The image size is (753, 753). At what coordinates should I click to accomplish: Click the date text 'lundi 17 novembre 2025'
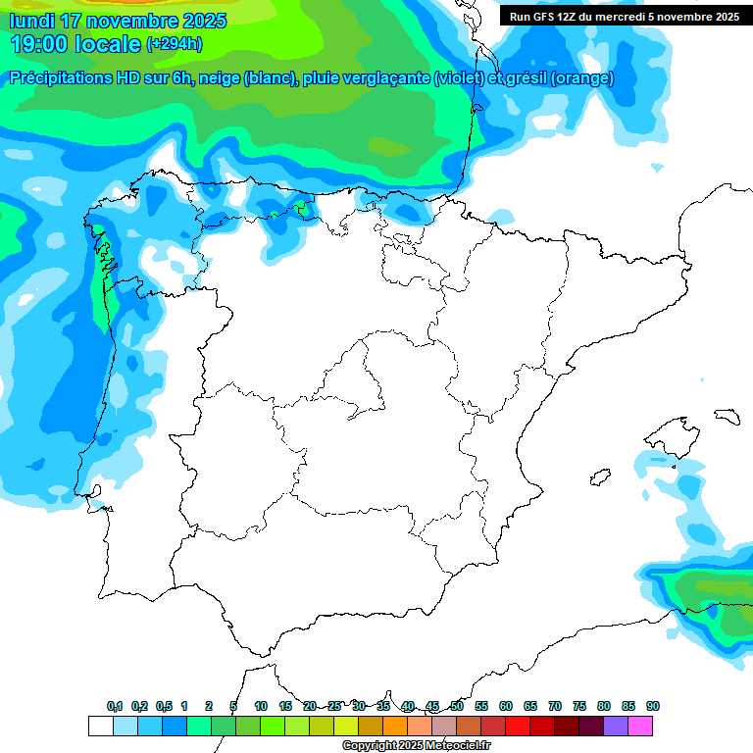(x=118, y=21)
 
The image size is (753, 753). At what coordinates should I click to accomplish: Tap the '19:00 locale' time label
(x=75, y=44)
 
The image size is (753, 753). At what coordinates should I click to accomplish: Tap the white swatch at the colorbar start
(x=100, y=727)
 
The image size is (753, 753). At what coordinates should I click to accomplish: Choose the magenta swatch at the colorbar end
(x=640, y=727)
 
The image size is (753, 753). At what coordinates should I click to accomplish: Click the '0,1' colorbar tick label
(x=114, y=706)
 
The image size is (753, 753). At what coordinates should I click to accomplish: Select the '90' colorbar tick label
(x=653, y=706)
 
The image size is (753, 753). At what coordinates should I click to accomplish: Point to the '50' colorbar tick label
(x=457, y=706)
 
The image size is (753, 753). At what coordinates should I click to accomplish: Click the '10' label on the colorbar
(x=261, y=706)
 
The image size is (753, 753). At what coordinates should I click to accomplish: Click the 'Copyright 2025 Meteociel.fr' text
(x=416, y=746)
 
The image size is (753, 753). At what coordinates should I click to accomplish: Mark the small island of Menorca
(x=727, y=416)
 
